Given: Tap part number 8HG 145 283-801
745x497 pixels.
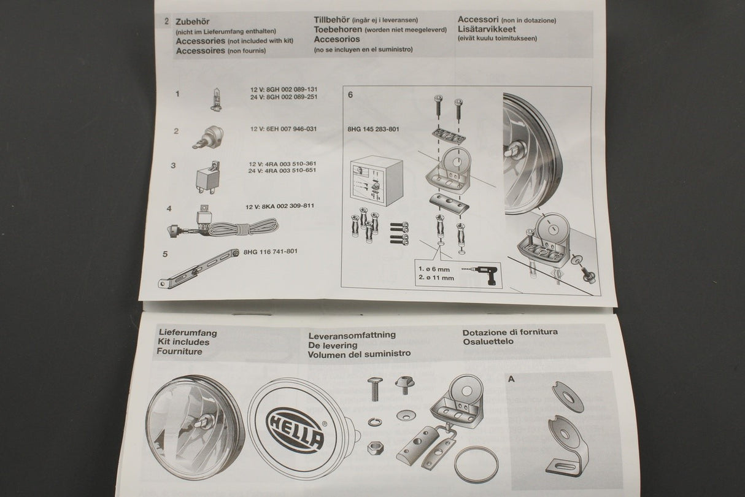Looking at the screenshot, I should point(373,129).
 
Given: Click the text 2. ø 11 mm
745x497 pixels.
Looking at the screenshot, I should point(436,278).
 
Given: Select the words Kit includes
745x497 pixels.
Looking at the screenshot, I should point(183,342).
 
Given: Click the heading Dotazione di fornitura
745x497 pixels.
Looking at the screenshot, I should point(510,332).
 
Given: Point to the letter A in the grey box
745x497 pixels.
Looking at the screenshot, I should point(511,379).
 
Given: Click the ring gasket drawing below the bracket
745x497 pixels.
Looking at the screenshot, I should point(477,463).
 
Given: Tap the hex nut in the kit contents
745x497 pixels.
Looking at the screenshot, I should point(375,447).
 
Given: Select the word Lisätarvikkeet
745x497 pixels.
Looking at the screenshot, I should point(487,29).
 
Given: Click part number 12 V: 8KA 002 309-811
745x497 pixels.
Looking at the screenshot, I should point(279,206).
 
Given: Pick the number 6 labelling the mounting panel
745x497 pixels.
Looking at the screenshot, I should point(350,96).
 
